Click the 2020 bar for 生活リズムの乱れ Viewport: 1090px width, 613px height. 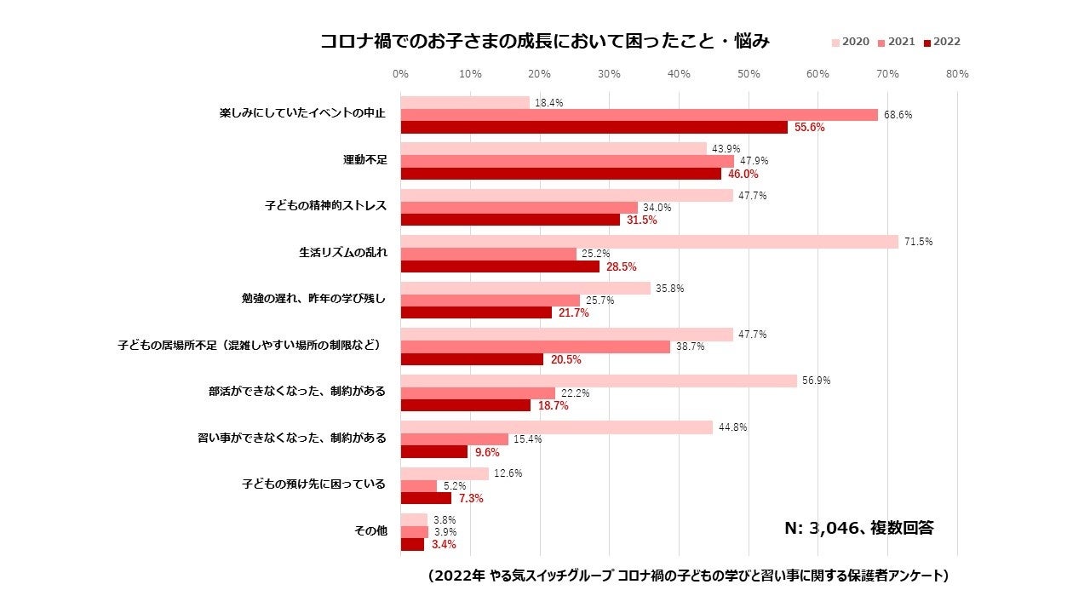pyautogui.click(x=649, y=242)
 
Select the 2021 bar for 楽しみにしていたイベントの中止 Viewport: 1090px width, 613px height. pyautogui.click(x=639, y=115)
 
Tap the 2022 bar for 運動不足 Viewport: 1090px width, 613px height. pyautogui.click(x=560, y=174)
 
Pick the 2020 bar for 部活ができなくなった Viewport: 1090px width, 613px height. pyautogui.click(x=599, y=381)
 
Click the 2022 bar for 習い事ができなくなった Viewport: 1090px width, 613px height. pyautogui.click(x=434, y=452)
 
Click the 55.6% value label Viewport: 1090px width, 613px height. pyautogui.click(x=809, y=128)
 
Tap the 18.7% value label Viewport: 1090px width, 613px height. pyautogui.click(x=553, y=406)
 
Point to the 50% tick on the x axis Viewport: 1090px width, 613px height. pyautogui.click(x=749, y=74)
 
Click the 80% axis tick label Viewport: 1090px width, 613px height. pyautogui.click(x=957, y=74)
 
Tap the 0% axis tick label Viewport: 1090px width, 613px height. pyautogui.click(x=400, y=74)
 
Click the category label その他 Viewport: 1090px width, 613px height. pyautogui.click(x=370, y=530)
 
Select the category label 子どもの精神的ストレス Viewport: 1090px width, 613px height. pyautogui.click(x=326, y=206)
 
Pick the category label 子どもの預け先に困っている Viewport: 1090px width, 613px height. pyautogui.click(x=313, y=484)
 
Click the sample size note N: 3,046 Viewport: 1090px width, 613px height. pyautogui.click(x=858, y=528)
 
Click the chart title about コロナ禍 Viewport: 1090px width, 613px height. pyautogui.click(x=545, y=41)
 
